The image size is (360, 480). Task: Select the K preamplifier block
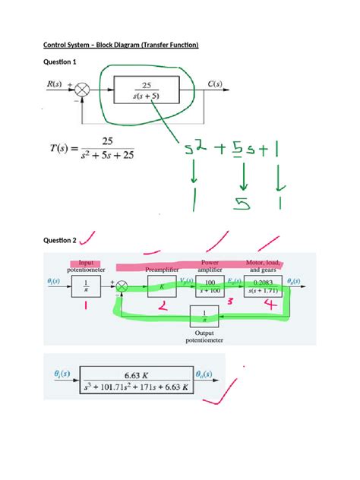[162, 286]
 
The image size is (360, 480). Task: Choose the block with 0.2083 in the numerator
[263, 286]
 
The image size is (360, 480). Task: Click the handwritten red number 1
[87, 305]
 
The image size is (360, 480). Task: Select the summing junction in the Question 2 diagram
[122, 286]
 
